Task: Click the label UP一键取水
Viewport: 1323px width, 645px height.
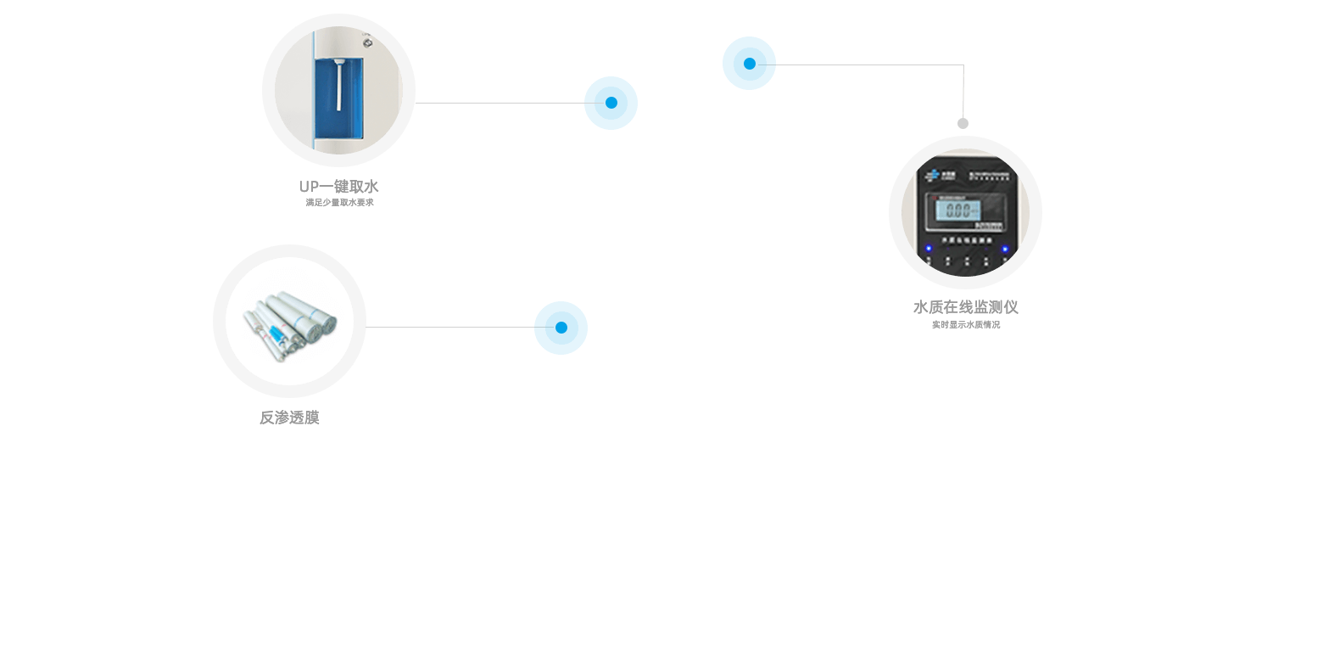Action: click(338, 187)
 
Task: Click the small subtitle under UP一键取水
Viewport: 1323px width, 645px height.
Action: click(339, 203)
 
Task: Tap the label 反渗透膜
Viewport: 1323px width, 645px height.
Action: click(289, 418)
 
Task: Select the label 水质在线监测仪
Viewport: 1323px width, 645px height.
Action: click(965, 307)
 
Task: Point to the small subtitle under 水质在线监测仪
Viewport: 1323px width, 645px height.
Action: click(965, 324)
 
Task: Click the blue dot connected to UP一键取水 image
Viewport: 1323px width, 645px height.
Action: click(611, 103)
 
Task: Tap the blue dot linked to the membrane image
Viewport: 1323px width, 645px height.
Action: click(561, 328)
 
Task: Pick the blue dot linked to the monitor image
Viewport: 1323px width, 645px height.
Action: click(749, 63)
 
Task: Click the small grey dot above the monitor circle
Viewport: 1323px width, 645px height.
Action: click(963, 123)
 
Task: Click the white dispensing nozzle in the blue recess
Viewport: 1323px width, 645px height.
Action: click(338, 85)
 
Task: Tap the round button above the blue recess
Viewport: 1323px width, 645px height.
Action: click(366, 39)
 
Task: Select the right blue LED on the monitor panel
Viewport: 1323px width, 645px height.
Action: click(1005, 250)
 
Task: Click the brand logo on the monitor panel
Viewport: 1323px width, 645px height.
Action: click(932, 174)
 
